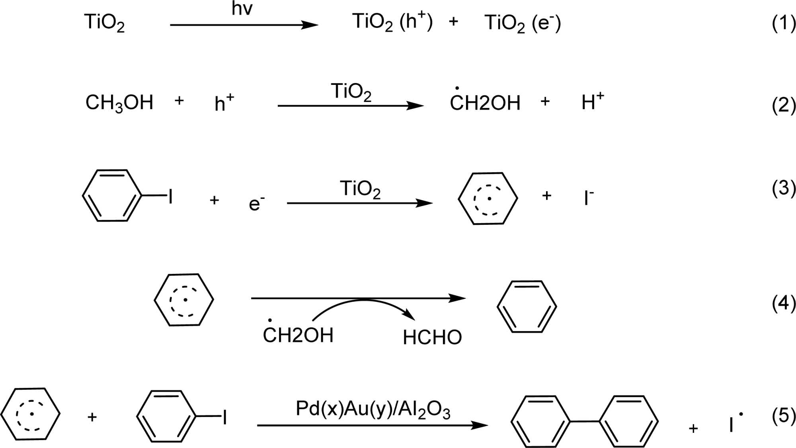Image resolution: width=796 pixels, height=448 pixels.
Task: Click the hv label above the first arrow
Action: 242,9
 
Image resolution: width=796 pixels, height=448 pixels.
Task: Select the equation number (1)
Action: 783,24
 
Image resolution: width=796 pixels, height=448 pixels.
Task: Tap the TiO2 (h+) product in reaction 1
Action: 392,22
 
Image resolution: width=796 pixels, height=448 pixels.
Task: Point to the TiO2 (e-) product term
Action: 522,23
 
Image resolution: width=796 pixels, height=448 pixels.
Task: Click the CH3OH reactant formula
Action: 119,103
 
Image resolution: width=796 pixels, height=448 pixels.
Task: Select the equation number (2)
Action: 783,106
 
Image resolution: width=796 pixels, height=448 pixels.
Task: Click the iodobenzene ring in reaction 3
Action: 112,195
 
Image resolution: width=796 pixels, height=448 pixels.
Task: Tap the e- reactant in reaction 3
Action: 256,203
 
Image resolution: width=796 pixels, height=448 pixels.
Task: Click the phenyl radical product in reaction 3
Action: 488,198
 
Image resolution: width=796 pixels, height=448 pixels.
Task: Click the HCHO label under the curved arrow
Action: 432,338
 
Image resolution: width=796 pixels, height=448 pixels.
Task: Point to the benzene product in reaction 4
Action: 527,307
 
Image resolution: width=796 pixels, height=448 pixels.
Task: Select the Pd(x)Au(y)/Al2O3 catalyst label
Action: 373,409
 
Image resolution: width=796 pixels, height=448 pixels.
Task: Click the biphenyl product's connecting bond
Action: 585,421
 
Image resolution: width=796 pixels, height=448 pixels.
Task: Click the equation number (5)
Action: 783,415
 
